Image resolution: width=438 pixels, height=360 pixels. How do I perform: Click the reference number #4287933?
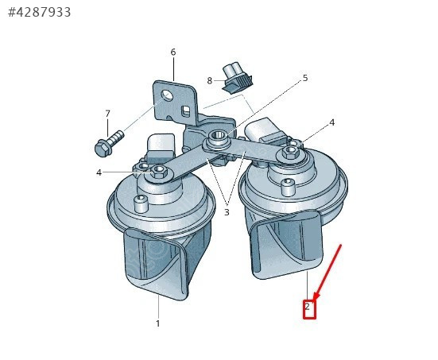tap(40, 12)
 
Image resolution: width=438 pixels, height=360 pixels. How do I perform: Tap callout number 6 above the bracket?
tap(173, 52)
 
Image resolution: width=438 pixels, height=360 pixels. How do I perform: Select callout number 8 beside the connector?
tap(210, 81)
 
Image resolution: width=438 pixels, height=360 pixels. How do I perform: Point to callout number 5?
tap(305, 78)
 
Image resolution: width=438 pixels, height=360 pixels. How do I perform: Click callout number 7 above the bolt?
tap(107, 114)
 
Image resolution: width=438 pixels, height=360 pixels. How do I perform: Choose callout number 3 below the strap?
tap(227, 212)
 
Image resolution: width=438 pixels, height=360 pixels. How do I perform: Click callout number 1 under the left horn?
tap(158, 323)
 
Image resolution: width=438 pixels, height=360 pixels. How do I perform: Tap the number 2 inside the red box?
tap(308, 307)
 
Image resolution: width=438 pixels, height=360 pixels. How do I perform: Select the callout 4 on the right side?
tap(331, 122)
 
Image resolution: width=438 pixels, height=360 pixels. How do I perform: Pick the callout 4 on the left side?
tap(99, 172)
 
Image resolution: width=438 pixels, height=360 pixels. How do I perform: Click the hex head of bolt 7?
tap(103, 149)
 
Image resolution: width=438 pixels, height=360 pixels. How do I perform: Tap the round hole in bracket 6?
tap(167, 96)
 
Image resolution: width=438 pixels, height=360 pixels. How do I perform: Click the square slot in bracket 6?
tap(185, 110)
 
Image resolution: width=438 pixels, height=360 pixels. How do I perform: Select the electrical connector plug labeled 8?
tap(238, 78)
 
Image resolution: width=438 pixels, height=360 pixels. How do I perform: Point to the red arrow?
tap(327, 273)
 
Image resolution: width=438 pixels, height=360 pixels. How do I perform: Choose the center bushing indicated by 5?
tap(219, 137)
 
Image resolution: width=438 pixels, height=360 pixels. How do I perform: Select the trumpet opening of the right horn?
tap(287, 246)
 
